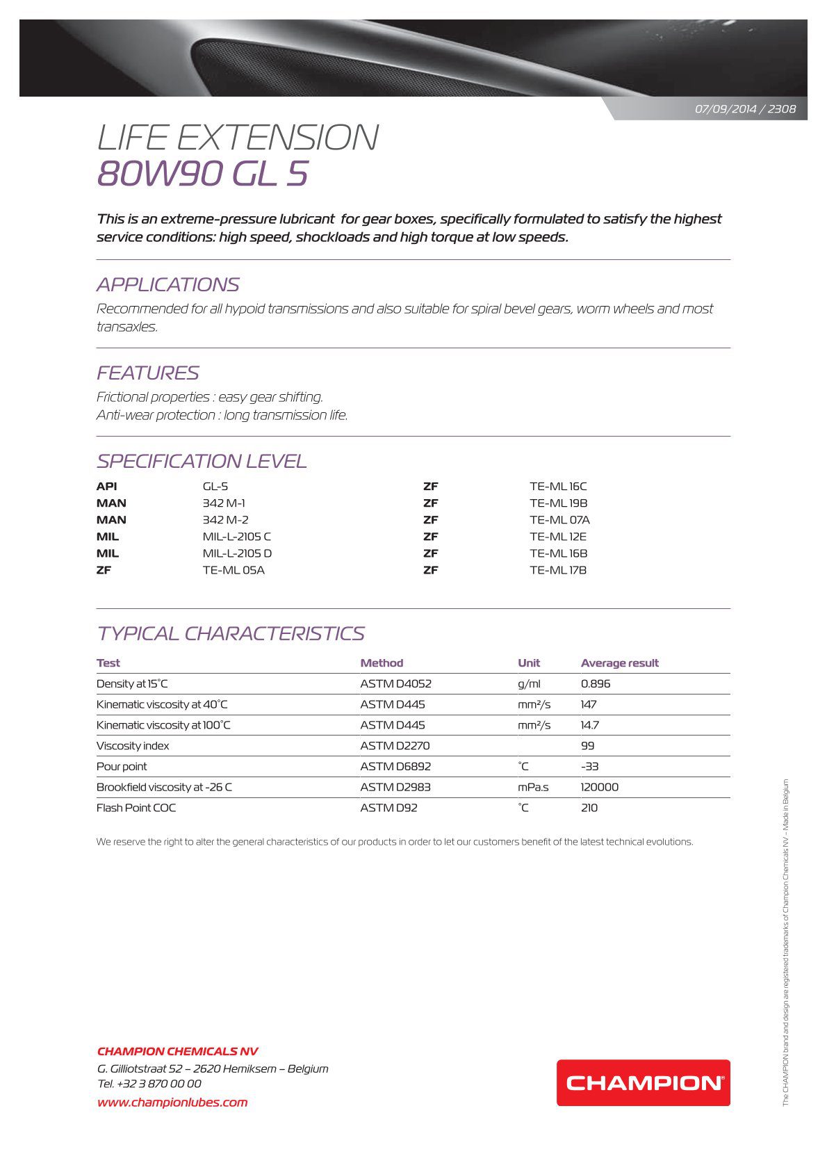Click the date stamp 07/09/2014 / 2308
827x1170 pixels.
(x=745, y=109)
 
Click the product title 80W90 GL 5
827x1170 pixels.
(x=202, y=173)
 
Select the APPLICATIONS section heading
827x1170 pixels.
(x=167, y=284)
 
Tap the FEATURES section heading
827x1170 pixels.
(x=147, y=373)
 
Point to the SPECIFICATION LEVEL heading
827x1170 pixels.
(x=202, y=461)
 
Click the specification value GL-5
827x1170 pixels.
(x=215, y=487)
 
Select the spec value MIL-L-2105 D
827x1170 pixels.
(x=237, y=553)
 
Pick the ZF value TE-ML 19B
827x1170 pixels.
(x=558, y=503)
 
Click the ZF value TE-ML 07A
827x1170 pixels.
(x=559, y=520)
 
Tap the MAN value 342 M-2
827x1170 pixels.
(x=225, y=520)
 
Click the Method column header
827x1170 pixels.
(x=382, y=663)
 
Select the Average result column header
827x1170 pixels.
(x=619, y=663)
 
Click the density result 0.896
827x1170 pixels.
(x=596, y=684)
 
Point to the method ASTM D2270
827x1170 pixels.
(x=395, y=746)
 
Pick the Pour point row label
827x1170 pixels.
(x=122, y=767)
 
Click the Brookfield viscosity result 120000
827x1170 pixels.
(x=599, y=788)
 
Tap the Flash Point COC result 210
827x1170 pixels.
(x=589, y=808)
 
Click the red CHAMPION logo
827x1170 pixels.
(x=643, y=1082)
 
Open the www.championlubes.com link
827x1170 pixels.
(x=172, y=1103)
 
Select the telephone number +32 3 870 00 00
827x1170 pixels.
(x=159, y=1084)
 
